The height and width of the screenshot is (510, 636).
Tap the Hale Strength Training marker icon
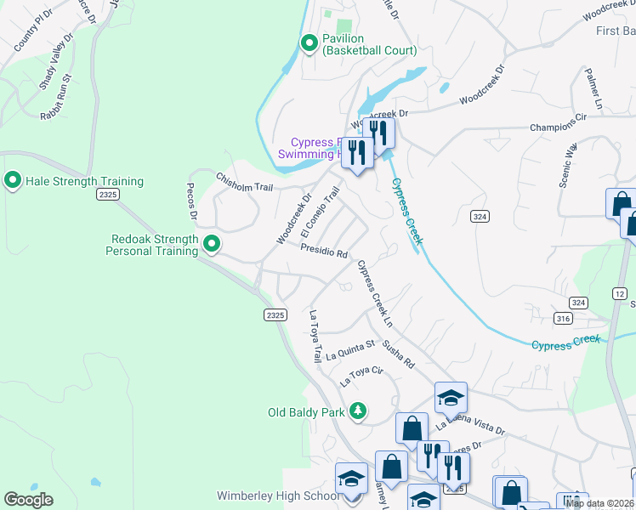pos(13,180)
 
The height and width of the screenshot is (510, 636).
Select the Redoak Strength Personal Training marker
pos(212,245)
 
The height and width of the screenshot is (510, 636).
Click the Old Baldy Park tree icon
pos(358,412)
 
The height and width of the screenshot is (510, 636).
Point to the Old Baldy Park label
pos(306,413)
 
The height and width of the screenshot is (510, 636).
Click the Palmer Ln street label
pos(593,91)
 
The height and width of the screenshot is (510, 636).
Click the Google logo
pos(28,500)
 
